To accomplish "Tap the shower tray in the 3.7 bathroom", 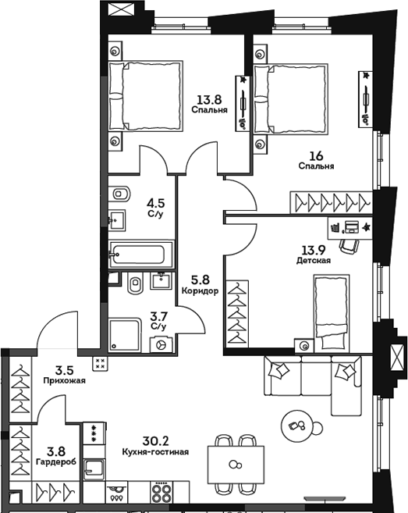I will click(126, 335).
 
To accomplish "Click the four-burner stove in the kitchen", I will click(161, 493).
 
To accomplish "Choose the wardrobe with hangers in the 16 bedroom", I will click(331, 201).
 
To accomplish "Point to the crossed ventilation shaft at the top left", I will click(121, 12).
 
